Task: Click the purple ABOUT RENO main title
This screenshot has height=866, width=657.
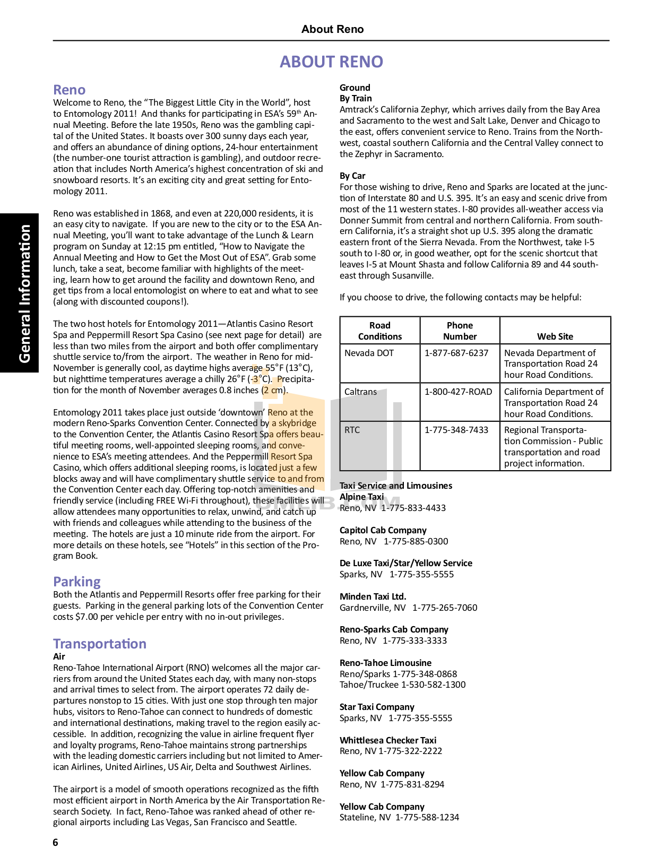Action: pyautogui.click(x=331, y=62)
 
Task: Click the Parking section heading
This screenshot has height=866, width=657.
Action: pyautogui.click(x=77, y=582)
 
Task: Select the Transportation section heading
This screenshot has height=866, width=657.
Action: pyautogui.click(x=100, y=644)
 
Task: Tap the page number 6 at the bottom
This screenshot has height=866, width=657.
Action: pyautogui.click(x=56, y=842)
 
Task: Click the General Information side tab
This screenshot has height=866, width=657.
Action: pyautogui.click(x=24, y=293)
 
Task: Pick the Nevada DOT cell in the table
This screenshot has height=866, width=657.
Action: pyautogui.click(x=369, y=353)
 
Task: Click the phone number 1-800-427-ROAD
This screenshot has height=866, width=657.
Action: pyautogui.click(x=458, y=392)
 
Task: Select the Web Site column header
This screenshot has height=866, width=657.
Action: pyautogui.click(x=555, y=336)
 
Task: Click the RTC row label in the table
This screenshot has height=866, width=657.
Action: pyautogui.click(x=352, y=430)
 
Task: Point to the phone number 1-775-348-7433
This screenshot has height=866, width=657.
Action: pyautogui.click(x=456, y=430)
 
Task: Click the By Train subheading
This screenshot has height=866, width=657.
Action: pyautogui.click(x=356, y=98)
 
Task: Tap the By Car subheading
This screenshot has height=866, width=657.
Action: pyautogui.click(x=352, y=176)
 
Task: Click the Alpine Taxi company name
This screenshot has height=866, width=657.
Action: pyautogui.click(x=361, y=497)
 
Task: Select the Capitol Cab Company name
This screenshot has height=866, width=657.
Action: pyautogui.click(x=383, y=530)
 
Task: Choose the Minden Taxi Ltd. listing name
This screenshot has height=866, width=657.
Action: pyautogui.click(x=373, y=596)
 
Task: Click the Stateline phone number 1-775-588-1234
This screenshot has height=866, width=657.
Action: pyautogui.click(x=427, y=817)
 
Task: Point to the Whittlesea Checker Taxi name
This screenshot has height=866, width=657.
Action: pyautogui.click(x=388, y=740)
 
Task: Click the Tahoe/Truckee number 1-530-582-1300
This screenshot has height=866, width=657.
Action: pyautogui.click(x=434, y=685)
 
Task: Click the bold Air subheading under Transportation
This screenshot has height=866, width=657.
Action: pyautogui.click(x=59, y=656)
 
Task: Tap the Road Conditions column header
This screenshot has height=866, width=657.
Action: pyautogui.click(x=380, y=331)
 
